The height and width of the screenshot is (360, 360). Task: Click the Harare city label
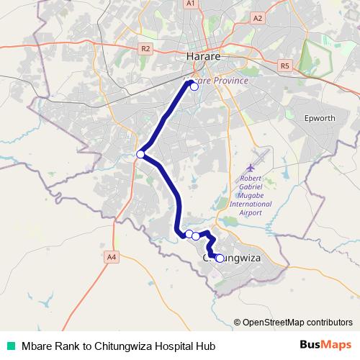pyautogui.click(x=202, y=55)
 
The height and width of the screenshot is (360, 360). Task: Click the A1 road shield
pyautogui.click(x=191, y=4)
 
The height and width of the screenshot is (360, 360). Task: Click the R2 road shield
pyautogui.click(x=146, y=49)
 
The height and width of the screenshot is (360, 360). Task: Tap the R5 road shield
pyautogui.click(x=285, y=66)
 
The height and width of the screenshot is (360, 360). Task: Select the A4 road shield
pyautogui.click(x=111, y=256)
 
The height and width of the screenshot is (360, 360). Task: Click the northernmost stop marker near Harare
pyautogui.click(x=194, y=86)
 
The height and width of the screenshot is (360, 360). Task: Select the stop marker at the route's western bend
pyautogui.click(x=141, y=153)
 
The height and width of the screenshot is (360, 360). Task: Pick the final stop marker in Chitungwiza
pyautogui.click(x=219, y=258)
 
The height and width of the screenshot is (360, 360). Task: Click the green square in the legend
pyautogui.click(x=10, y=345)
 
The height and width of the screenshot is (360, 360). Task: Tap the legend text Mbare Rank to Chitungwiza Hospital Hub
pyautogui.click(x=118, y=345)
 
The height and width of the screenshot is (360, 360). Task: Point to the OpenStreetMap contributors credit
pyautogui.click(x=293, y=322)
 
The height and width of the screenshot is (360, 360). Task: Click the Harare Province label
pyautogui.click(x=217, y=81)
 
